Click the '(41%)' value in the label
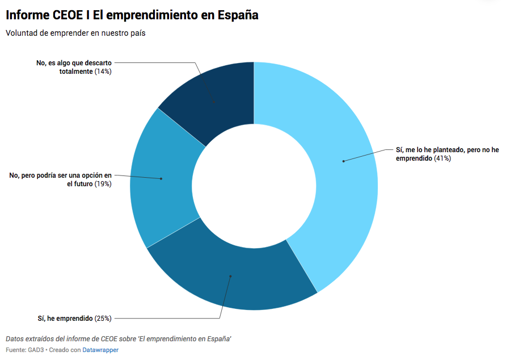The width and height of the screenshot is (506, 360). [442, 158]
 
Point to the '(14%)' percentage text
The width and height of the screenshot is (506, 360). [103, 72]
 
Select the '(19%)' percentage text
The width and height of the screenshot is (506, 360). [103, 184]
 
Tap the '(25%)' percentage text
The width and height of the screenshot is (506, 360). [103, 319]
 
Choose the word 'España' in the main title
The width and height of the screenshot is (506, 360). [238, 15]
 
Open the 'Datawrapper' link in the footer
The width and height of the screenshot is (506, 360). [100, 350]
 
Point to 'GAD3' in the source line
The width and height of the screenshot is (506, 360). [36, 350]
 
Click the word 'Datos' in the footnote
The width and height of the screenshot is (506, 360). [15, 339]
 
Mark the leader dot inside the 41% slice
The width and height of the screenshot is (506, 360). [343, 161]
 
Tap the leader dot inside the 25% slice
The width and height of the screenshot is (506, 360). [230, 277]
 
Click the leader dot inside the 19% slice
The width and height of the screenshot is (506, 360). [161, 179]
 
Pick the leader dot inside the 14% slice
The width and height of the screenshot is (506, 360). [214, 103]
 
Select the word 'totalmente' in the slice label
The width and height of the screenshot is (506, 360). [75, 72]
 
